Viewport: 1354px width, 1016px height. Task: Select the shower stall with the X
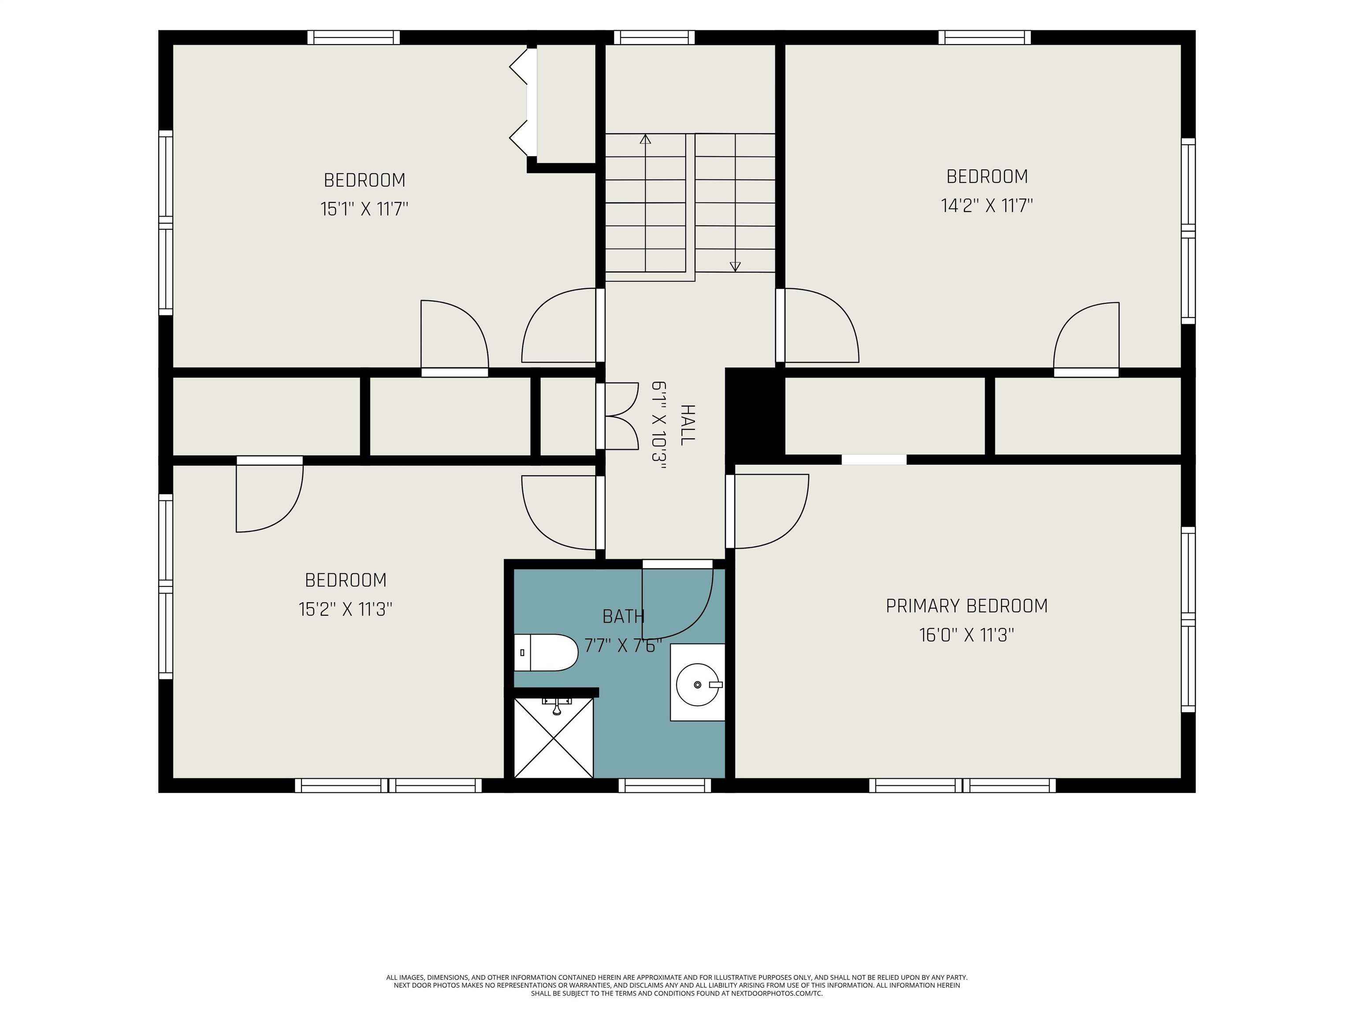coord(553,737)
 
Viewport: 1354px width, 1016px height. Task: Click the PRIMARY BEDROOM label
coord(967,606)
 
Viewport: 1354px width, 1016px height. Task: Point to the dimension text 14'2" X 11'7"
coord(987,205)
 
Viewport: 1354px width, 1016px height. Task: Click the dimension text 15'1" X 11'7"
coord(364,209)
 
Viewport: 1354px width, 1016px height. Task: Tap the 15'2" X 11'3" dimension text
coord(345,609)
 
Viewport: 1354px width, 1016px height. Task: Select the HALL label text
coord(688,424)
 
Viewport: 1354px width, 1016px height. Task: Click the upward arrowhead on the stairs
coord(645,139)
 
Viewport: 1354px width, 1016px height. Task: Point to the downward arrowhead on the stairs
coord(735,266)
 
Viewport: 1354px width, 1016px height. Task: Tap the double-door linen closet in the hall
coord(618,416)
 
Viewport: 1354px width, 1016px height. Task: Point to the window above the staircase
coord(655,37)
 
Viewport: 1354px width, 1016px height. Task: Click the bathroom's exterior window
coord(665,785)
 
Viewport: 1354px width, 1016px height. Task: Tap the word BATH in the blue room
coord(623,616)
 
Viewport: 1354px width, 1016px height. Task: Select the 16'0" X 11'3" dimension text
coord(967,635)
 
